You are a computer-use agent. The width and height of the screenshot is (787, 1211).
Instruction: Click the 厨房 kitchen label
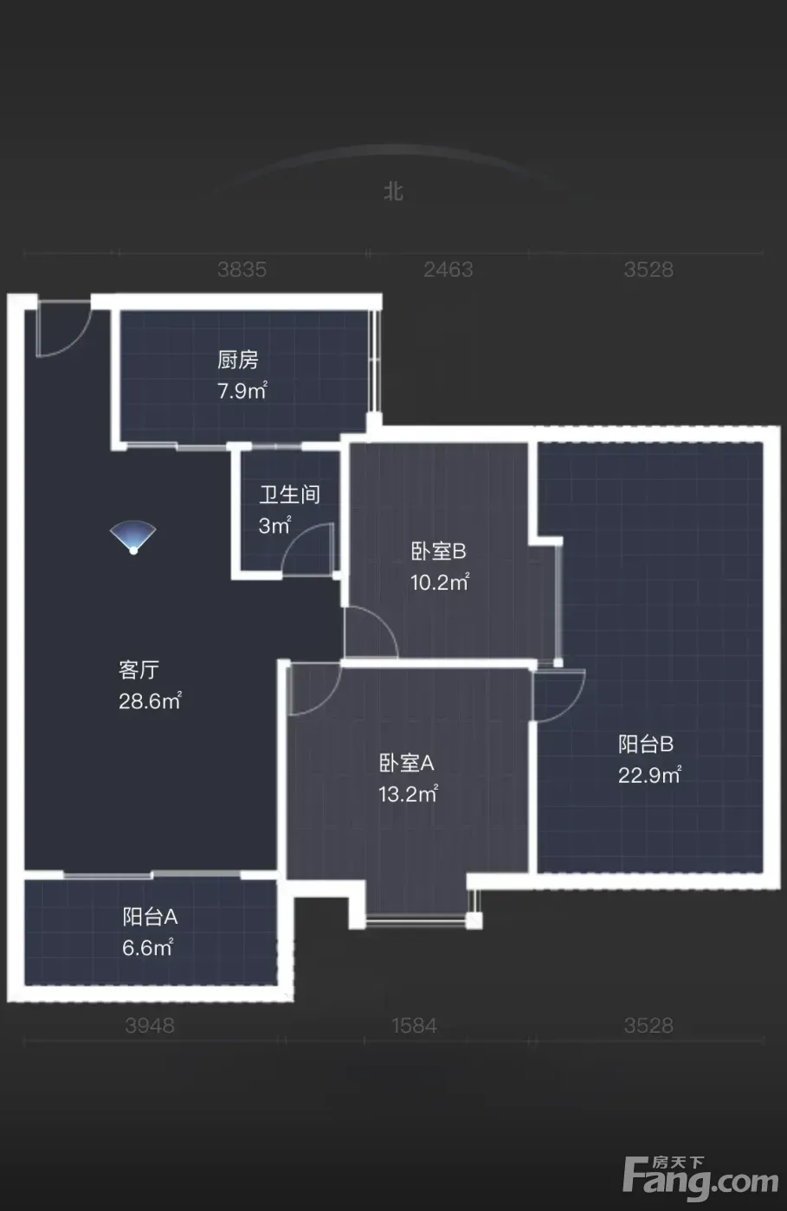(237, 360)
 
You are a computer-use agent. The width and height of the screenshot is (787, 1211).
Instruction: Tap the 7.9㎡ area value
(242, 390)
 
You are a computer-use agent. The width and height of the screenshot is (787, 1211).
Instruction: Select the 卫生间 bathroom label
(289, 495)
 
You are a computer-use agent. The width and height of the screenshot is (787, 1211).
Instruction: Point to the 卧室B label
(438, 552)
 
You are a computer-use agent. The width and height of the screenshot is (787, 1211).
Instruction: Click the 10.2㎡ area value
(440, 581)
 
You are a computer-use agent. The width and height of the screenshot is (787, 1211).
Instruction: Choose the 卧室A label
(406, 763)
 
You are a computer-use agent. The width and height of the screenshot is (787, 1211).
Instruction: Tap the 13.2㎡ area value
(408, 794)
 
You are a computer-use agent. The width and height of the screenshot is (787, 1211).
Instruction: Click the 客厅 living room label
(139, 670)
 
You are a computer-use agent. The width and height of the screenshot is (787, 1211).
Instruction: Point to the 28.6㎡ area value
(150, 701)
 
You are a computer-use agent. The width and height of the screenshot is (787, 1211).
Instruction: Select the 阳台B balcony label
(646, 745)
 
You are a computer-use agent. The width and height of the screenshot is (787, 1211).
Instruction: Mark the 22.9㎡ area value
(649, 775)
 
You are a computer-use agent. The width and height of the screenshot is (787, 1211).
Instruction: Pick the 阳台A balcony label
(150, 917)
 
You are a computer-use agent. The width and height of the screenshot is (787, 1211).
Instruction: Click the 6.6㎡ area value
(148, 948)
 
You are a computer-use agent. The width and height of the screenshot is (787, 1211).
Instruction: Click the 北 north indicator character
(393, 191)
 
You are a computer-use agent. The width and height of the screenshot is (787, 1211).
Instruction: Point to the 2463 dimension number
(448, 269)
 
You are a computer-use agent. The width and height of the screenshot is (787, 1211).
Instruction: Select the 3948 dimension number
(150, 1025)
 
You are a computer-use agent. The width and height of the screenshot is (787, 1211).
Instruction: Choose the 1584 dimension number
(414, 1025)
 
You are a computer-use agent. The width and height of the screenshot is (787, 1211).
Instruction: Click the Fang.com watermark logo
(701, 1175)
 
